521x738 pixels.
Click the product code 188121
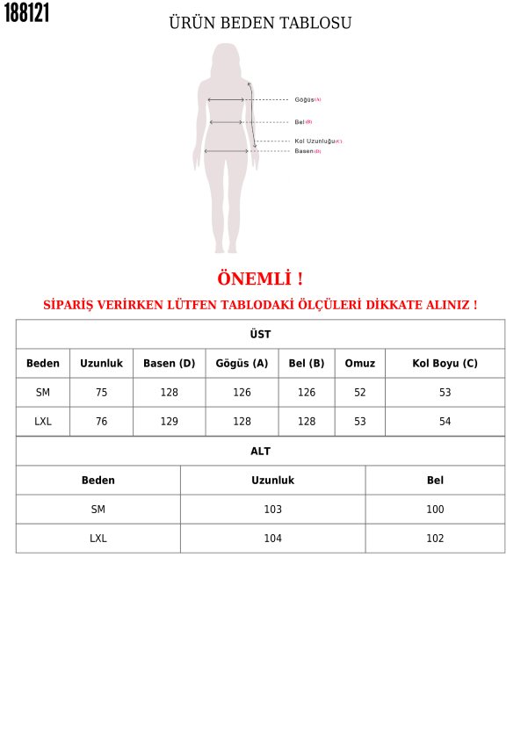pyautogui.click(x=27, y=13)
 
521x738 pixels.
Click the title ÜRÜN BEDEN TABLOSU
pyautogui.click(x=260, y=24)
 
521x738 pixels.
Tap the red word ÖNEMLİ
pyautogui.click(x=260, y=279)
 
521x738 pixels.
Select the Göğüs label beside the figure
pyautogui.click(x=305, y=100)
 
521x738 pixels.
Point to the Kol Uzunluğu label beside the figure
pyautogui.click(x=315, y=141)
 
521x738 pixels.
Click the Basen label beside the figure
pyautogui.click(x=305, y=151)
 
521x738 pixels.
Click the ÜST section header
pyautogui.click(x=260, y=335)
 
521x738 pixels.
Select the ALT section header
pyautogui.click(x=260, y=452)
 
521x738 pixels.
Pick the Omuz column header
pyautogui.click(x=359, y=364)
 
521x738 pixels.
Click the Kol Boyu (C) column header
pyautogui.click(x=445, y=364)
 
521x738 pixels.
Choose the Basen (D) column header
pyautogui.click(x=169, y=364)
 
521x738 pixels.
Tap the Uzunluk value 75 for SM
pyautogui.click(x=101, y=393)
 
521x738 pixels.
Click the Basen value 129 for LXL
pyautogui.click(x=169, y=422)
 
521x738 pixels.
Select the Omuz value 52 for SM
pyautogui.click(x=359, y=393)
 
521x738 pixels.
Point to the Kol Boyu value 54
pyautogui.click(x=445, y=422)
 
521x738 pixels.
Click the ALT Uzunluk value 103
pyautogui.click(x=272, y=510)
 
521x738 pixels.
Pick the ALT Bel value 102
pyautogui.click(x=435, y=539)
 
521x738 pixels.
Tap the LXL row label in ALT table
pyautogui.click(x=98, y=539)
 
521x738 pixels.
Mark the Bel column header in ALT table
pyautogui.click(x=435, y=481)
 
